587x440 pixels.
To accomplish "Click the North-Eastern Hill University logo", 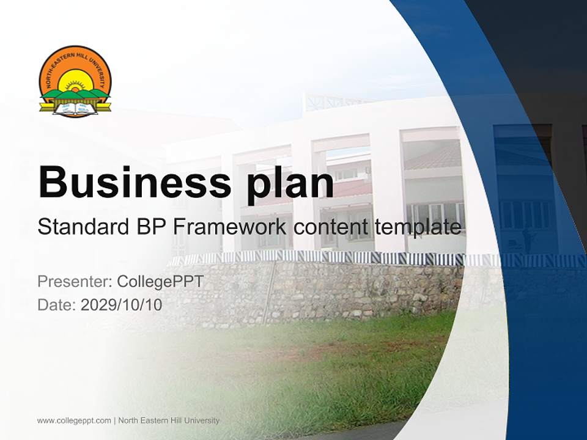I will point(75,81).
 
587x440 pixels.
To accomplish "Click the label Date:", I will point(57,304).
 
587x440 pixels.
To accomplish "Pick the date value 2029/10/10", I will point(122,304).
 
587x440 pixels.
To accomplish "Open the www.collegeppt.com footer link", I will point(74,420).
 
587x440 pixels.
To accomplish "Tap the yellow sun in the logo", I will point(75,82).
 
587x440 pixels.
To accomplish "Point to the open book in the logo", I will point(75,109).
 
